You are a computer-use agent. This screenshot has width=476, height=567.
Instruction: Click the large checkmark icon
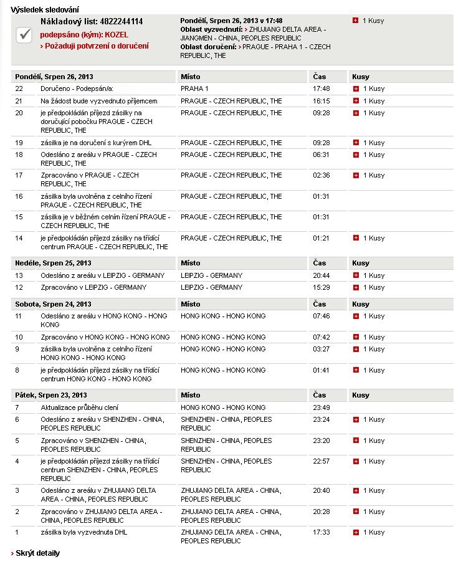[25, 35]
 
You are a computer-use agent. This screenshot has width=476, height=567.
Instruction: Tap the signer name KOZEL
[117, 34]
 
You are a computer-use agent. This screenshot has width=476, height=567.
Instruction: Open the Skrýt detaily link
[37, 553]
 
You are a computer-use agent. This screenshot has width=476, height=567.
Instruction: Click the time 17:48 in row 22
[321, 88]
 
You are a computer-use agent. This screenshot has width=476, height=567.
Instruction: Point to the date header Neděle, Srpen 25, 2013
[53, 263]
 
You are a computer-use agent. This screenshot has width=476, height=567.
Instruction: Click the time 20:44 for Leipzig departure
[321, 275]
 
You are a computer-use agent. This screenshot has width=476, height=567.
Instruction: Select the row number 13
[19, 275]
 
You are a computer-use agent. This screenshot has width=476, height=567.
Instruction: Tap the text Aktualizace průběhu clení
[80, 407]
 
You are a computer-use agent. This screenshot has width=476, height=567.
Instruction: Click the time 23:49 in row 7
[321, 407]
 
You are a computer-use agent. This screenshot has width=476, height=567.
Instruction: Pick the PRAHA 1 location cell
[194, 88]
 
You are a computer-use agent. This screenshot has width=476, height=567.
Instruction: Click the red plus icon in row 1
[356, 533]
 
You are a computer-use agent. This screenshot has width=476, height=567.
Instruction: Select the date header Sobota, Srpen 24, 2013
[53, 304]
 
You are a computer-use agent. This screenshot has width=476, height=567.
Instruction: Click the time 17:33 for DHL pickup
[321, 533]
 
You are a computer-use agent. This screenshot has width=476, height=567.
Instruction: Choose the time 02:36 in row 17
[321, 176]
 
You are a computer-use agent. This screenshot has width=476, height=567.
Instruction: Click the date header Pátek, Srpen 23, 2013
[51, 395]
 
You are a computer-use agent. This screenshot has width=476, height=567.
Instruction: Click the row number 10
[19, 337]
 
